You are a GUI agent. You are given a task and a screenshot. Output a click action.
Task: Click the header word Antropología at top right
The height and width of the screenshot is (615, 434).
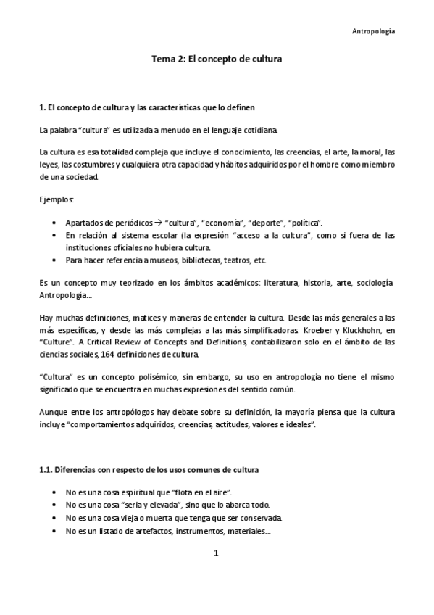click(x=374, y=32)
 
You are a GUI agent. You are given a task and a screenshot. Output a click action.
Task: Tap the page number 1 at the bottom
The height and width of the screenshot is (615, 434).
click(x=216, y=553)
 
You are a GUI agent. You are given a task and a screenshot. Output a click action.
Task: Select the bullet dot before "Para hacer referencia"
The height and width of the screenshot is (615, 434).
click(x=57, y=259)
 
